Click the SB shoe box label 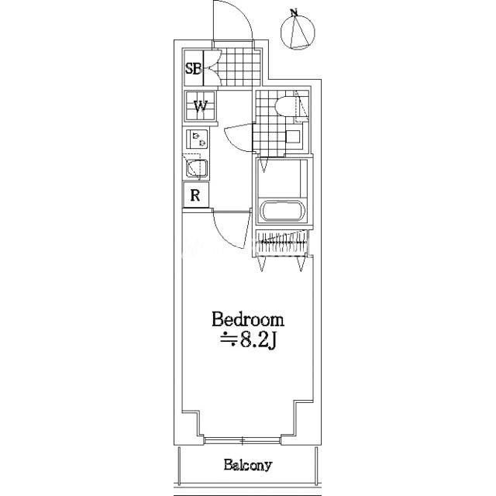coord(193,68)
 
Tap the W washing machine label coord(201,106)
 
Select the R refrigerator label coord(195,195)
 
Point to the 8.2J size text coord(249,340)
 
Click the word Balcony coord(248,465)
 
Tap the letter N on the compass coord(294,12)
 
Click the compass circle coord(298,32)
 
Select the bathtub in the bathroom coord(282,210)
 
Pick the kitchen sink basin coord(197,168)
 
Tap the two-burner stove coord(197,139)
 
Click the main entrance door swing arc coord(233,21)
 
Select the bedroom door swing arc coord(232,229)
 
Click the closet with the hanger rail coord(282,242)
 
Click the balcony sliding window coord(243,440)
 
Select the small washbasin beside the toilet coord(293,136)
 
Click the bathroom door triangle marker coord(263,166)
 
